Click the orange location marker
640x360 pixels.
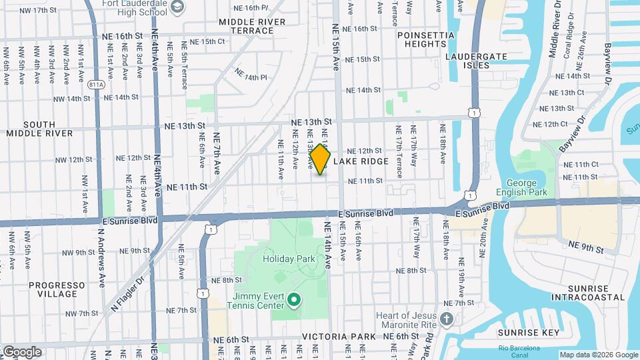click(x=320, y=159)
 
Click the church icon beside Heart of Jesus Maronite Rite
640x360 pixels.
click(x=447, y=319)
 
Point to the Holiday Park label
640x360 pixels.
click(x=287, y=259)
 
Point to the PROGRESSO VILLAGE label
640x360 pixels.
click(x=57, y=289)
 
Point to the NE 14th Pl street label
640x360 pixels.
click(x=250, y=77)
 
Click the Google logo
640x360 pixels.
click(x=22, y=352)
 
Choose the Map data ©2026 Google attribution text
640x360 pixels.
click(x=598, y=355)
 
